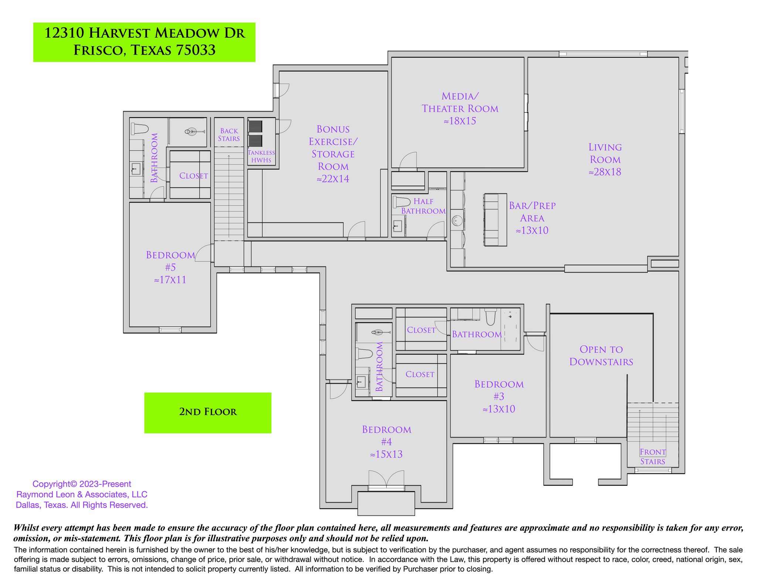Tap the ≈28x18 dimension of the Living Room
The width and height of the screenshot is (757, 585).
point(605,172)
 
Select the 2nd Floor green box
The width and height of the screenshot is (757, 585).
point(208,412)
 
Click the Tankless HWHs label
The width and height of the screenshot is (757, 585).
point(261,156)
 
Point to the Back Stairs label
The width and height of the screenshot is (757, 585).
point(229,135)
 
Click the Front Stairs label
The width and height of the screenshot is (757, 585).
point(653,456)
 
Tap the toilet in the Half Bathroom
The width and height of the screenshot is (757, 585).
point(401,202)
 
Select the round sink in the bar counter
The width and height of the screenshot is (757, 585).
point(457,221)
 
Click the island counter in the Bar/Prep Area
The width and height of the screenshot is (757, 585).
point(495,220)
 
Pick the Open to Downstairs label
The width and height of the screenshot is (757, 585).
point(601,356)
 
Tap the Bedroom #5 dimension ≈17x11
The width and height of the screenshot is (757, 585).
point(170,280)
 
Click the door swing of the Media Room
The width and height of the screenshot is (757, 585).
point(409,160)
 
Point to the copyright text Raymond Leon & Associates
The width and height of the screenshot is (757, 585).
point(82,494)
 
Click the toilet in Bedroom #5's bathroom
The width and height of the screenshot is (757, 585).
point(139,129)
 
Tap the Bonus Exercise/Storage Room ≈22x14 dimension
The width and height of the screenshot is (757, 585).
point(333,179)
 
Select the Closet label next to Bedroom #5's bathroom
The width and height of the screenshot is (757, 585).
point(193,176)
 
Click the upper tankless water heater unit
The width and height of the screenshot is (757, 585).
point(255,126)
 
